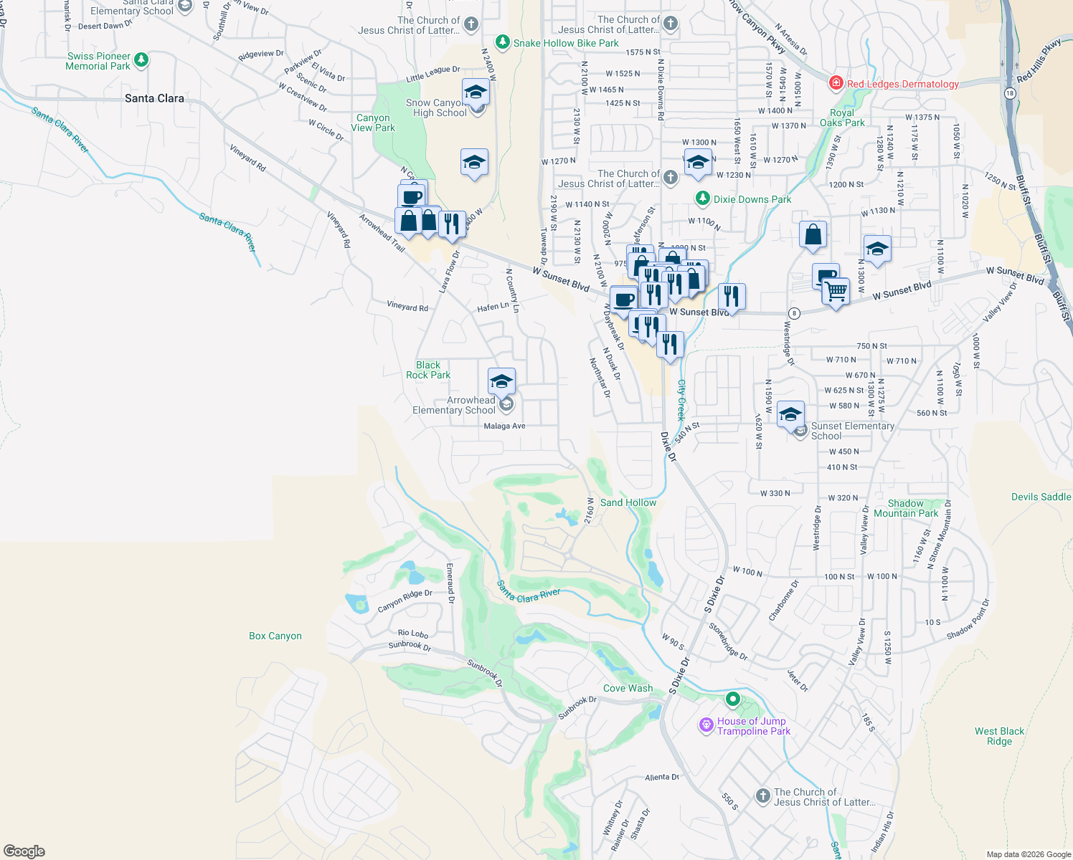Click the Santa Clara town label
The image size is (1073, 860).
pyautogui.click(x=154, y=98)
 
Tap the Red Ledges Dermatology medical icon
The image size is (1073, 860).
pyautogui.click(x=836, y=84)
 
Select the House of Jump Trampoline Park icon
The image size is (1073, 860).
pyautogui.click(x=706, y=726)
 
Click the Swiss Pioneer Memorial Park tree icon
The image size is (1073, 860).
pyautogui.click(x=141, y=60)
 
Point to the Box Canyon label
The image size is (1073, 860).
pyautogui.click(x=275, y=636)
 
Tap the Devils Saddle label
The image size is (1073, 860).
pyautogui.click(x=1041, y=497)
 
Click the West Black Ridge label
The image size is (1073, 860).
pyautogui.click(x=999, y=736)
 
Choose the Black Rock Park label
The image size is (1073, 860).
pyautogui.click(x=428, y=370)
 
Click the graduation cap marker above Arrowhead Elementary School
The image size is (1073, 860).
pyautogui.click(x=501, y=381)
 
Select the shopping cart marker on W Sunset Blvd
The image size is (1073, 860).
pyautogui.click(x=836, y=292)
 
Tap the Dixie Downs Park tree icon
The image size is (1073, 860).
pyautogui.click(x=703, y=199)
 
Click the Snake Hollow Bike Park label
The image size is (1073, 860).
pyautogui.click(x=566, y=43)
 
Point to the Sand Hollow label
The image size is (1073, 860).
pyautogui.click(x=628, y=502)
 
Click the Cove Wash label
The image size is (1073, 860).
pyautogui.click(x=628, y=688)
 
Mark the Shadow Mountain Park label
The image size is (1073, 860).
pyautogui.click(x=906, y=508)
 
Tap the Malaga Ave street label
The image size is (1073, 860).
pyautogui.click(x=504, y=426)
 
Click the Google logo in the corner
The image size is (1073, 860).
pyautogui.click(x=24, y=851)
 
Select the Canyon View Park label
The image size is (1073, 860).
pyautogui.click(x=373, y=123)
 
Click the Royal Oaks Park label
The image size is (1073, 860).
pyautogui.click(x=842, y=118)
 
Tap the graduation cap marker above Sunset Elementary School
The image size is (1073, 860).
pyautogui.click(x=790, y=414)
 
